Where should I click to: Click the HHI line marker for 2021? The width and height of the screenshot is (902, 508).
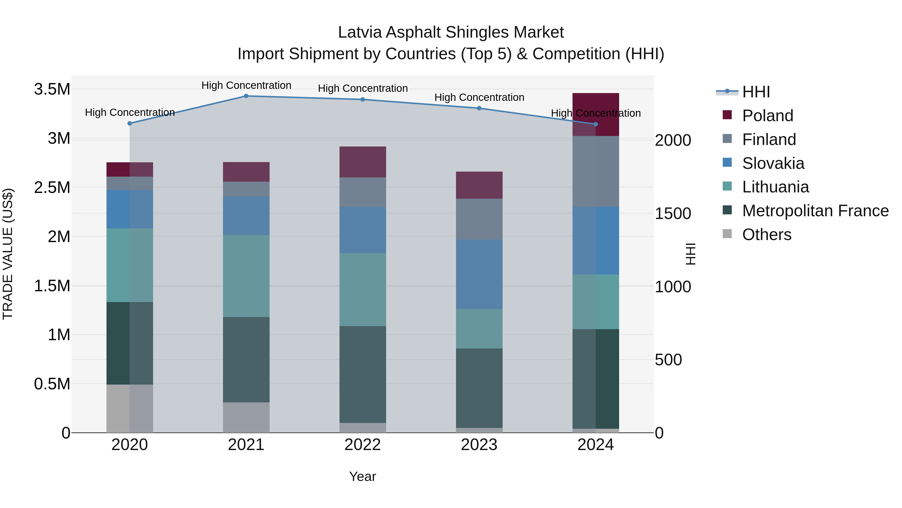pos(246,96)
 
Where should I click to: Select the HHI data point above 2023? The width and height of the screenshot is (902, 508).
pos(479,108)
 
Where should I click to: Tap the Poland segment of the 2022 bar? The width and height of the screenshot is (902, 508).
pos(363,162)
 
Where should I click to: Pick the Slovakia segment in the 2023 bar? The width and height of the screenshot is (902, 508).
pos(479,274)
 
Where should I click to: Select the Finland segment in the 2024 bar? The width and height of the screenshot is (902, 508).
pos(596,171)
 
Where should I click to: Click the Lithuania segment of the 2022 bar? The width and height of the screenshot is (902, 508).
pos(363,289)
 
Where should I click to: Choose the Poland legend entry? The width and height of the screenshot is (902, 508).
pos(767,116)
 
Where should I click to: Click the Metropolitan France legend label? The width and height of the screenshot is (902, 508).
pos(815,211)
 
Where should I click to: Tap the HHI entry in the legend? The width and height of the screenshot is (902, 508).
pos(756,92)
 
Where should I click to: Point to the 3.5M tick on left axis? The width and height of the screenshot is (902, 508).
pos(52,89)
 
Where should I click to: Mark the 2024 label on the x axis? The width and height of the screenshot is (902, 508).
pos(595,445)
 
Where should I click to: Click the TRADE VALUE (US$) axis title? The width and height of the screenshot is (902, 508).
pos(8,254)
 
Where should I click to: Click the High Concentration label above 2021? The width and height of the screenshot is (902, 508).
pos(246,85)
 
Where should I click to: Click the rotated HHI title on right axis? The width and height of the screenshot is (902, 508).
pos(690,254)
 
